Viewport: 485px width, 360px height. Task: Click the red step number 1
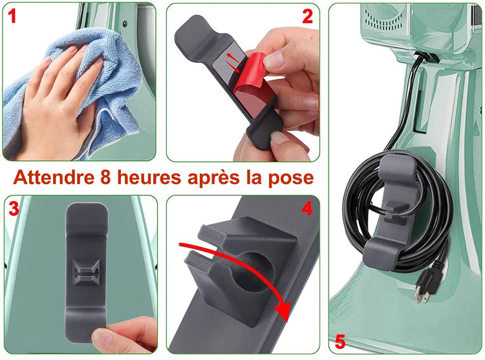point(12,16)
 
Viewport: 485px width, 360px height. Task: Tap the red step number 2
point(307,16)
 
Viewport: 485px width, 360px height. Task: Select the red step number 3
point(14,209)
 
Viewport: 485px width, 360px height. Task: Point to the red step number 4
point(307,209)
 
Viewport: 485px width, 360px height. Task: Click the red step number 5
point(340,342)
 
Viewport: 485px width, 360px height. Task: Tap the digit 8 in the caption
point(106,178)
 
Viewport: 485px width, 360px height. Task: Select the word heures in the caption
point(149,178)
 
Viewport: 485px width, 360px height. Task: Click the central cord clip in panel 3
point(86,271)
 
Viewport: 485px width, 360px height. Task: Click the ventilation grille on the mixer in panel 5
point(380,18)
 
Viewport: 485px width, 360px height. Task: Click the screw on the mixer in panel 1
point(125,23)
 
